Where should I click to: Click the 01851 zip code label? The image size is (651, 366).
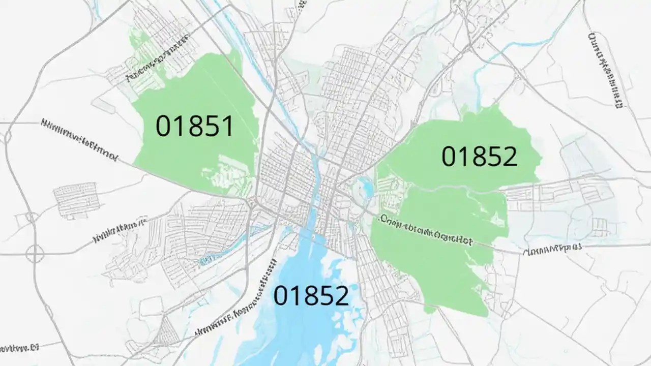(194, 126)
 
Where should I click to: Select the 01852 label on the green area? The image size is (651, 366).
(479, 157)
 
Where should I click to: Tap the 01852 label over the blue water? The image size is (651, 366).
(311, 295)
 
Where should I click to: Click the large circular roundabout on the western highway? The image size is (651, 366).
(35, 253)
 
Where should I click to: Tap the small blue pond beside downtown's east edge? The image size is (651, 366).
(366, 188)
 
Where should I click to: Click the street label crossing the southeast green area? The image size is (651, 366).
(426, 231)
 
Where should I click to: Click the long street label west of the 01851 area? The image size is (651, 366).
(79, 139)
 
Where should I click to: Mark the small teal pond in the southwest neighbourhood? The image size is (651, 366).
(206, 260)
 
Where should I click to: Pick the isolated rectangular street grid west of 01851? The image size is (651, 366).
(75, 198)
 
